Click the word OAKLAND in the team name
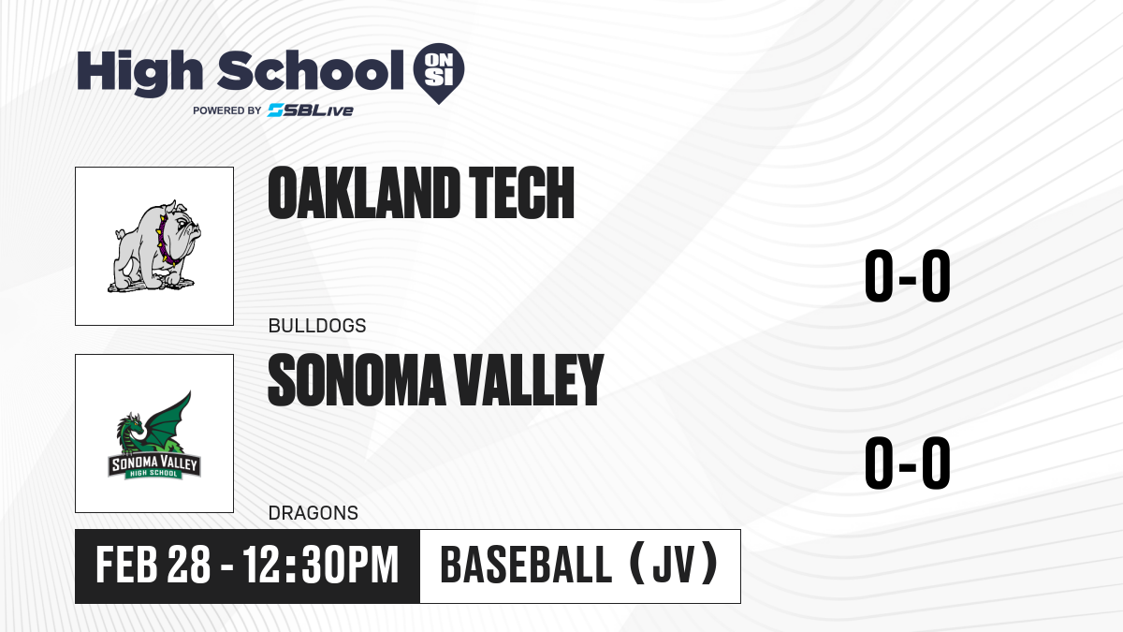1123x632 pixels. coord(364,193)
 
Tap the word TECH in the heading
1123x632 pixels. coord(521,193)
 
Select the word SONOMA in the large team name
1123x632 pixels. coord(357,380)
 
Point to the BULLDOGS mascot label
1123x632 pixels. coord(317,326)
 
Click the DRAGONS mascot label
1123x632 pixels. coord(314,513)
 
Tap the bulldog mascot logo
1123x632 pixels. coord(154,246)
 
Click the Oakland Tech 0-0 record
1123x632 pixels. coord(908,276)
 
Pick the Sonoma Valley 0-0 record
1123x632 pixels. coord(908,463)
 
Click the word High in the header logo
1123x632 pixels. coord(140,72)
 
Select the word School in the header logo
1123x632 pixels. coord(311,70)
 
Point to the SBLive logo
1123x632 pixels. coord(311,110)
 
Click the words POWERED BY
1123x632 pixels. coord(227,110)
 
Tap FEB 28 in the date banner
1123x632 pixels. coord(153,565)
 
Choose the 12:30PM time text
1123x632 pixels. coord(321,565)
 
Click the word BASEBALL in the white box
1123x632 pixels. coord(526,565)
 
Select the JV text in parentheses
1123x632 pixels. coord(675,565)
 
